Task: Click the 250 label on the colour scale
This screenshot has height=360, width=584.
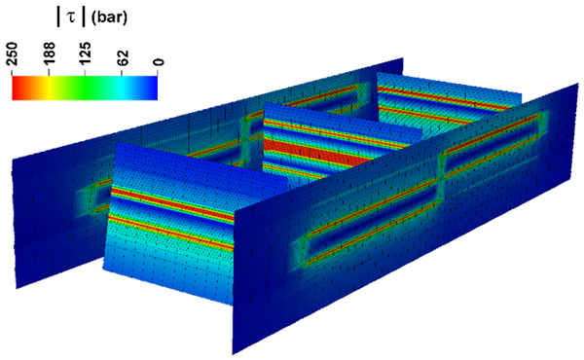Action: click(x=13, y=54)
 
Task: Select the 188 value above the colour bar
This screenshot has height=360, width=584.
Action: click(x=50, y=54)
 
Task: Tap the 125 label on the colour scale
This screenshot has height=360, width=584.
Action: click(x=86, y=54)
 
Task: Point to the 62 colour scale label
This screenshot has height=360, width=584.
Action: click(x=122, y=57)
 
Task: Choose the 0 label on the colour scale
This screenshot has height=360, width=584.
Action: click(x=159, y=62)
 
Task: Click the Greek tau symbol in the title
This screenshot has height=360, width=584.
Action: click(x=71, y=18)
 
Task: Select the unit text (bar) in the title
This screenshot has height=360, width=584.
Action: click(x=109, y=18)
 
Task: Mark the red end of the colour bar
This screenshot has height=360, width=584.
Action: click(x=17, y=89)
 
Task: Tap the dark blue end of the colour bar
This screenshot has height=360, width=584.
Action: click(x=153, y=89)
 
